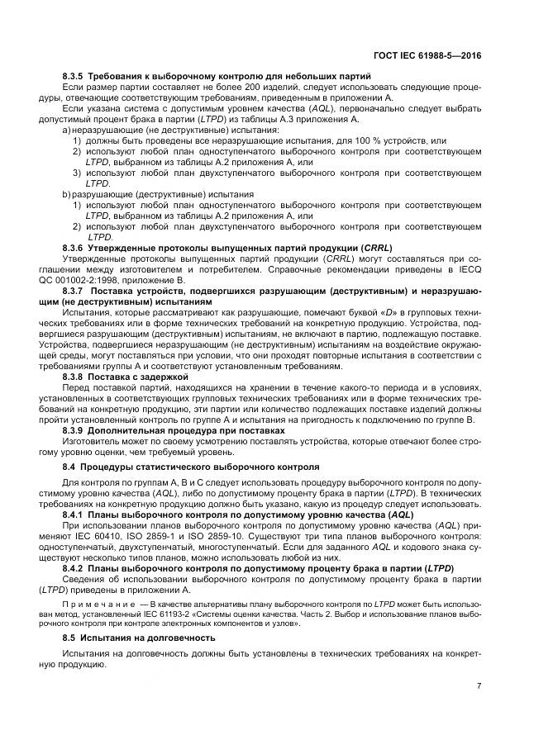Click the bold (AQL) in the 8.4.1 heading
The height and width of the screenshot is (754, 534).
point(397,514)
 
